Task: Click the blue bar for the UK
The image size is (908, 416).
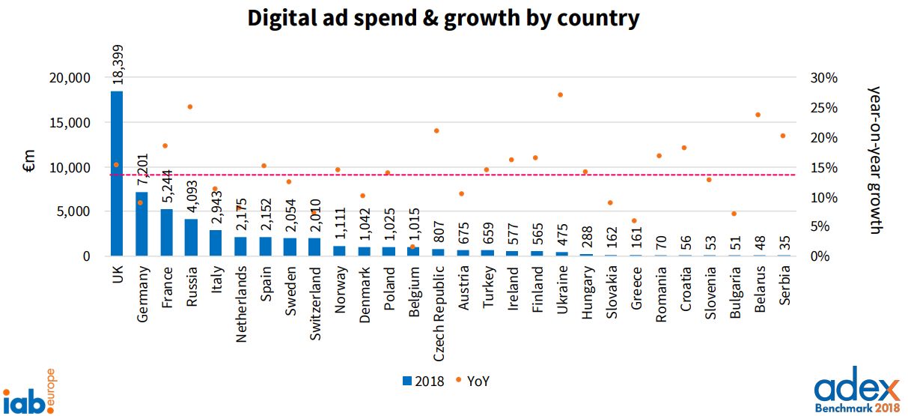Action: point(117,173)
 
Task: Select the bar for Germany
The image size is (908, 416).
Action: point(141,224)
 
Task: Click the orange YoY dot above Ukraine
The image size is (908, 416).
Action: point(561,95)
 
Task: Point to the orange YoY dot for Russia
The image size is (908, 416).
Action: point(190,107)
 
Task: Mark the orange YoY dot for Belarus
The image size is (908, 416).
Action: point(758,115)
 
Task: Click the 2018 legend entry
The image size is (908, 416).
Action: point(423,381)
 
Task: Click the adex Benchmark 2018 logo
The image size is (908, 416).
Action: point(857,393)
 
